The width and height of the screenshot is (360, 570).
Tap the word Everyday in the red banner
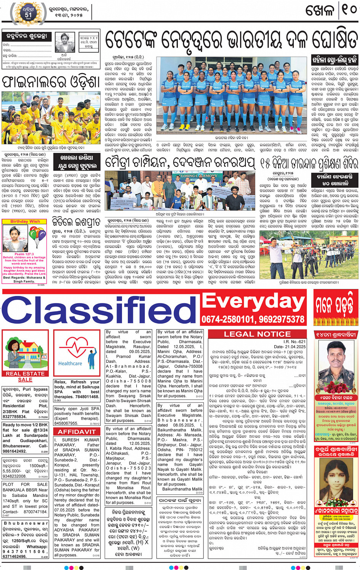click(253, 301)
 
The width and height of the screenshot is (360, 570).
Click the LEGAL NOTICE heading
click(257, 334)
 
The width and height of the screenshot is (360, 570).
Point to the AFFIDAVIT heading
click(77, 431)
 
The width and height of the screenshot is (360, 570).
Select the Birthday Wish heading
click(25, 221)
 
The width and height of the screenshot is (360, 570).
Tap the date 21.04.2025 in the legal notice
click(294, 346)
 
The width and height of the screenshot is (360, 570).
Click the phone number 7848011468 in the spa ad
click(87, 396)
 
